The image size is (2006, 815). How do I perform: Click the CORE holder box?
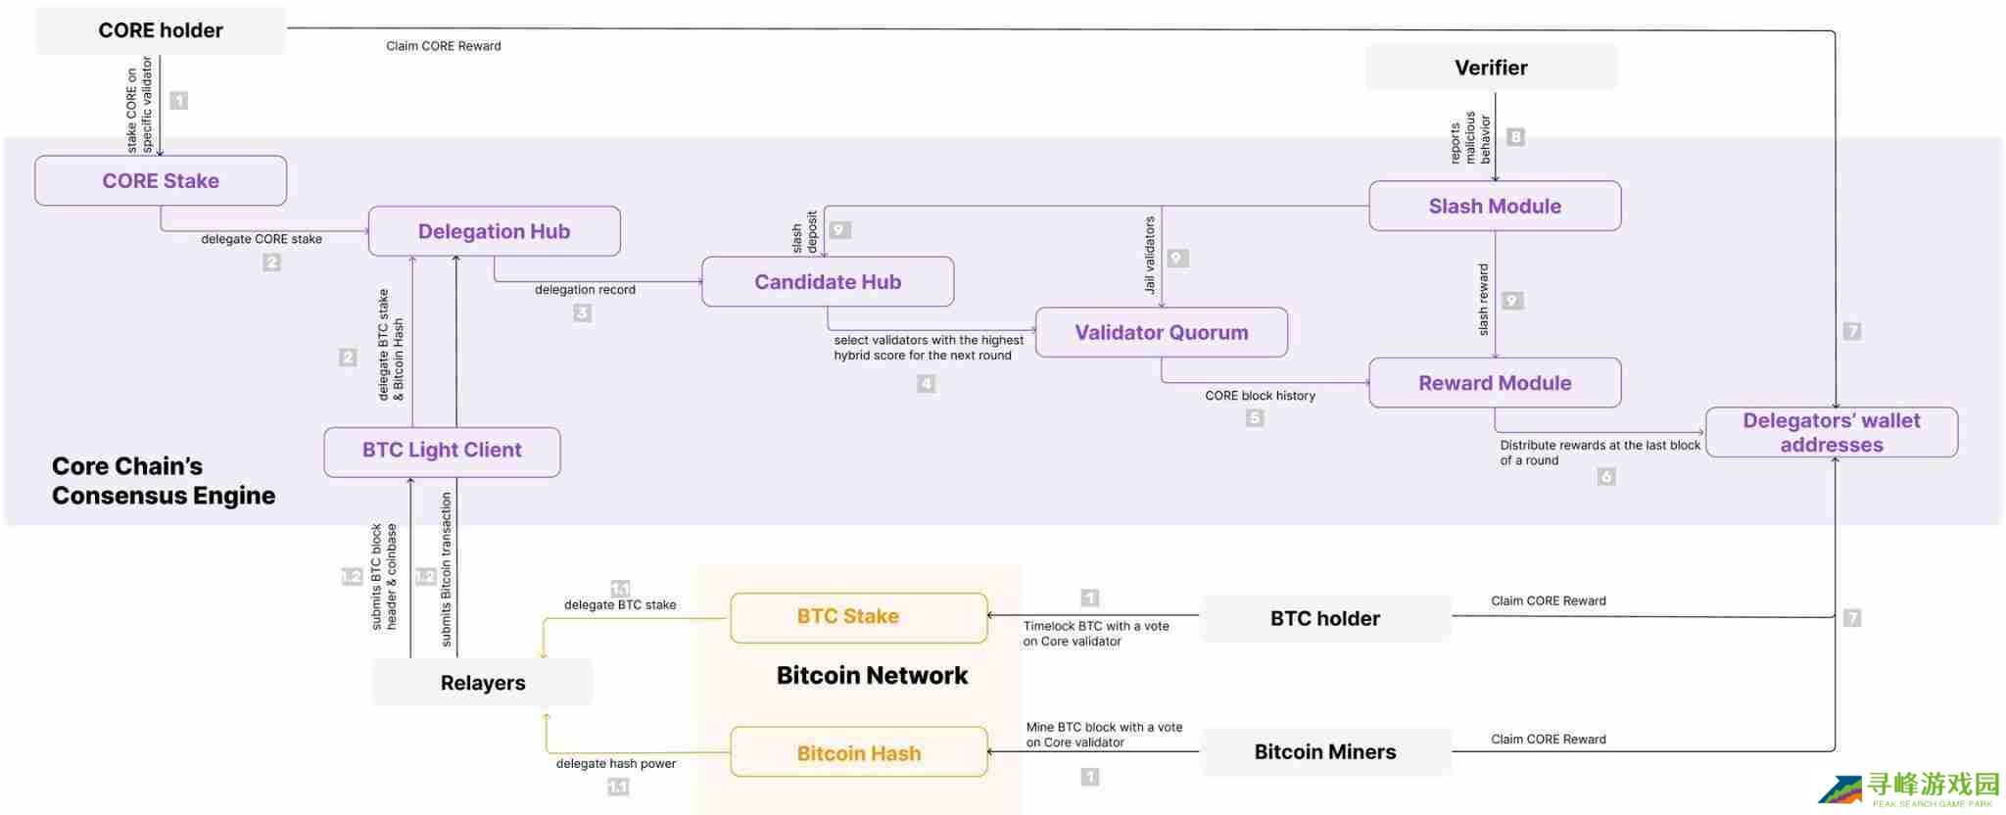[161, 30]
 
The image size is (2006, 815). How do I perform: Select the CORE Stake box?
[161, 181]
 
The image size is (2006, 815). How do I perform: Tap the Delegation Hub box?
[494, 232]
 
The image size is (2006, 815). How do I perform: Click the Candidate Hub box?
[828, 282]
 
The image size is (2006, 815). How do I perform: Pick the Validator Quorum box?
[1162, 333]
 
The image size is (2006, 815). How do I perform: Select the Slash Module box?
[1495, 207]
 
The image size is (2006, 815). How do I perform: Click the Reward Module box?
[1495, 383]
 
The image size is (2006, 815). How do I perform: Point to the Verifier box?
[1491, 68]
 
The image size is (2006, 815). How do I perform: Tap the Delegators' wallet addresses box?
[1832, 433]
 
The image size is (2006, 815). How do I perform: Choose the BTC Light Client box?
[442, 451]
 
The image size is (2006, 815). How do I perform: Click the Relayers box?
[483, 683]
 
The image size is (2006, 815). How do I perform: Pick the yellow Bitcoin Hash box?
[858, 753]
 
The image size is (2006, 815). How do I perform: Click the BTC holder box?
[1325, 619]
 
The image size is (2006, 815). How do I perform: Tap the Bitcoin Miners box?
[1325, 752]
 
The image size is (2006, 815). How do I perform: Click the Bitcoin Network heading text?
[872, 676]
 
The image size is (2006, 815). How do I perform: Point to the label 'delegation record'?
[585, 290]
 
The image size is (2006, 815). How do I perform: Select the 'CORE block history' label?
[1260, 396]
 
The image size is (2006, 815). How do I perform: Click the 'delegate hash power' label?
[616, 764]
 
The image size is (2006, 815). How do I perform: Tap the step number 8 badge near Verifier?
[1515, 137]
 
